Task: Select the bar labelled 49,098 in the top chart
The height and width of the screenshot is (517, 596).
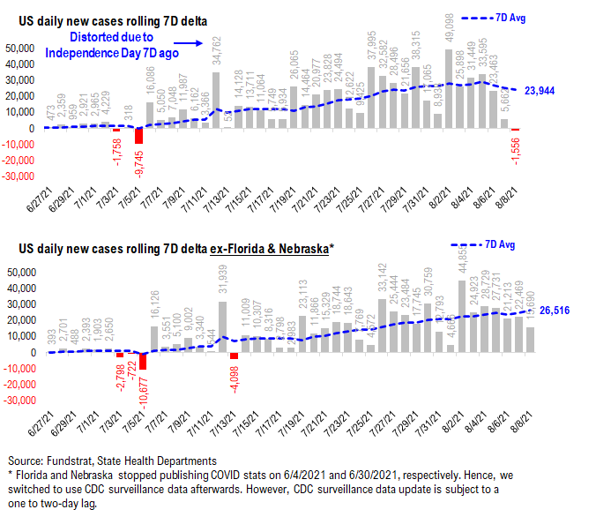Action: coord(450,88)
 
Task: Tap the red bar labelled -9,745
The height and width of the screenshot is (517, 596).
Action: coord(138,136)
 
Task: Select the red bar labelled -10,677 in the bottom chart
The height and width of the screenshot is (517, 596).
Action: coord(142,362)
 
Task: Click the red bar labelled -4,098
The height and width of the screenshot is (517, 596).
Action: coord(234,356)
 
